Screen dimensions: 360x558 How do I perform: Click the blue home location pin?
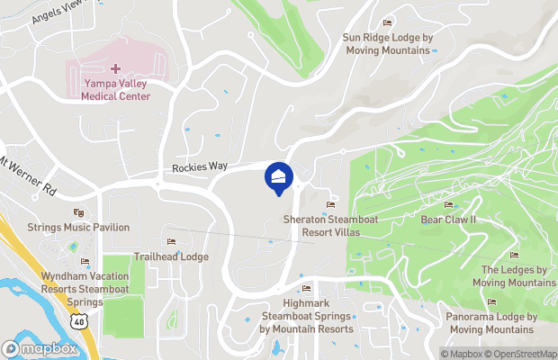click(279, 176)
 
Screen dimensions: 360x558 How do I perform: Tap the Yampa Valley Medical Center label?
click(114, 90)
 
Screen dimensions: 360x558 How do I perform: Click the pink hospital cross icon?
click(115, 68)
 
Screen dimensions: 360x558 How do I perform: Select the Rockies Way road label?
click(200, 167)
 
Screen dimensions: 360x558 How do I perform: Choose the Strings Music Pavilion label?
click(78, 228)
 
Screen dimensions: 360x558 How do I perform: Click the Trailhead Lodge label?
click(171, 256)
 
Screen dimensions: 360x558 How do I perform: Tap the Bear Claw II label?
click(448, 220)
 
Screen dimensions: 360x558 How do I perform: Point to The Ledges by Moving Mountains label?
click(515, 276)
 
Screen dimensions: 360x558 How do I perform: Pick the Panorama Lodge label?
click(491, 323)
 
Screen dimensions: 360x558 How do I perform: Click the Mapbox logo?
click(40, 348)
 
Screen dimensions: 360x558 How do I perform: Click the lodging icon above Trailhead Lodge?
click(171, 241)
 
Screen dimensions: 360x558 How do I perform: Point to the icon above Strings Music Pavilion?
click(78, 213)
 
